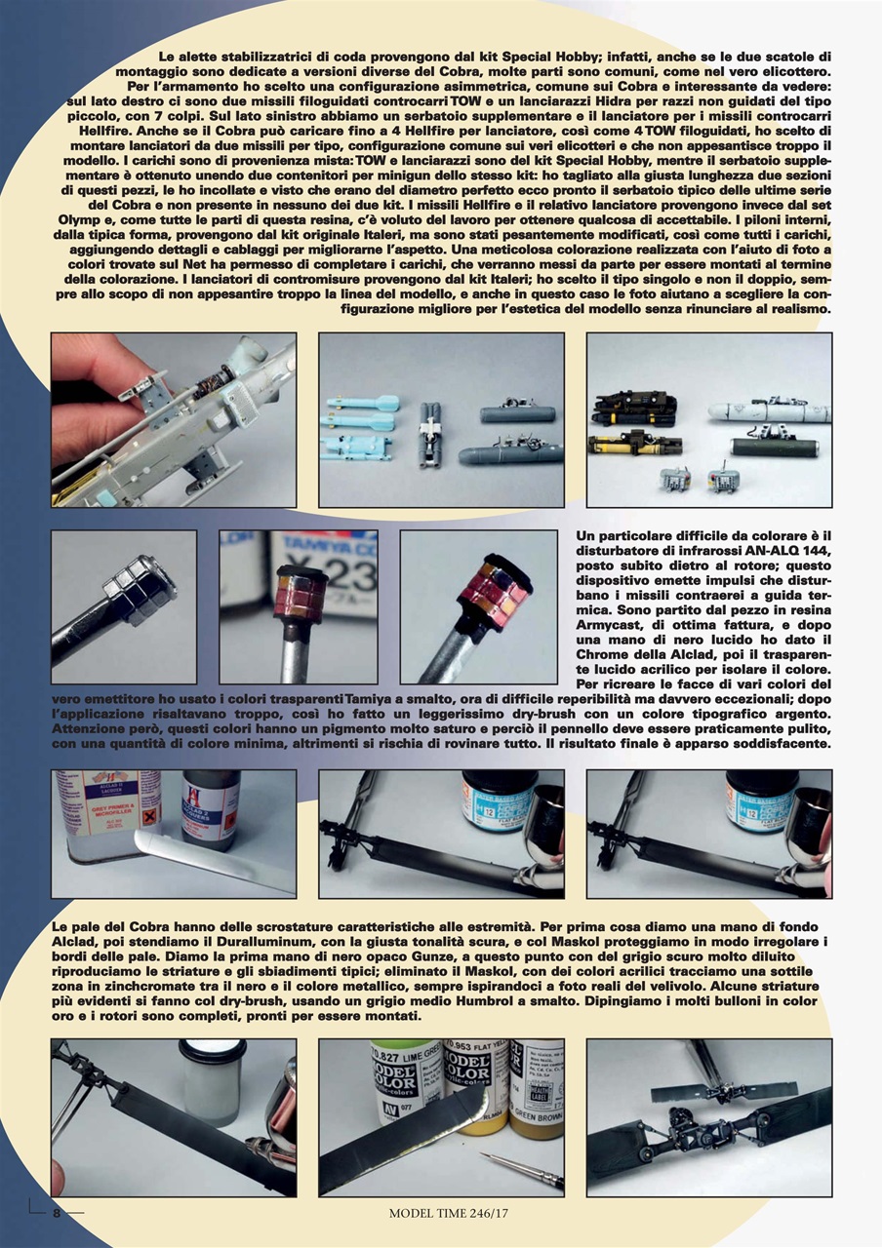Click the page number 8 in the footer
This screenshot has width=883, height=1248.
point(57,1213)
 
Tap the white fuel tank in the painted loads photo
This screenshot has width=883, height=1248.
point(772,409)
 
